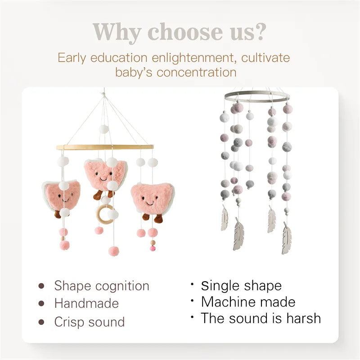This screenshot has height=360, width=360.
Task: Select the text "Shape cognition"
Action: point(102,286)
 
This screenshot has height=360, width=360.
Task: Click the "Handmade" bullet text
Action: point(86,304)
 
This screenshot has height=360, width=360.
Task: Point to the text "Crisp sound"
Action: point(90,322)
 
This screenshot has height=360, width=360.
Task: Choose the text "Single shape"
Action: point(241,286)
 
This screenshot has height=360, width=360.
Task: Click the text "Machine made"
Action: point(248,301)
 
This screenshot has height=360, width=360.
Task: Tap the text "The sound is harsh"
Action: point(261,318)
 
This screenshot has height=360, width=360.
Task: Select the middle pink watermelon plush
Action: point(104,173)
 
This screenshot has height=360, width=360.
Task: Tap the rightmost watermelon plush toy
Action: point(151,199)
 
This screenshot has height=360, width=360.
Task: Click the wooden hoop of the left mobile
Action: point(104,147)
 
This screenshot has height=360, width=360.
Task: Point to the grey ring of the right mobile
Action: point(256,96)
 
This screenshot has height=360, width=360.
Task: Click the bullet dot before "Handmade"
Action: point(41,304)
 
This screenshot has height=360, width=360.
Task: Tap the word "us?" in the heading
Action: point(244,32)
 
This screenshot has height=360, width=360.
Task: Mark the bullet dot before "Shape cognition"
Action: point(41,286)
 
